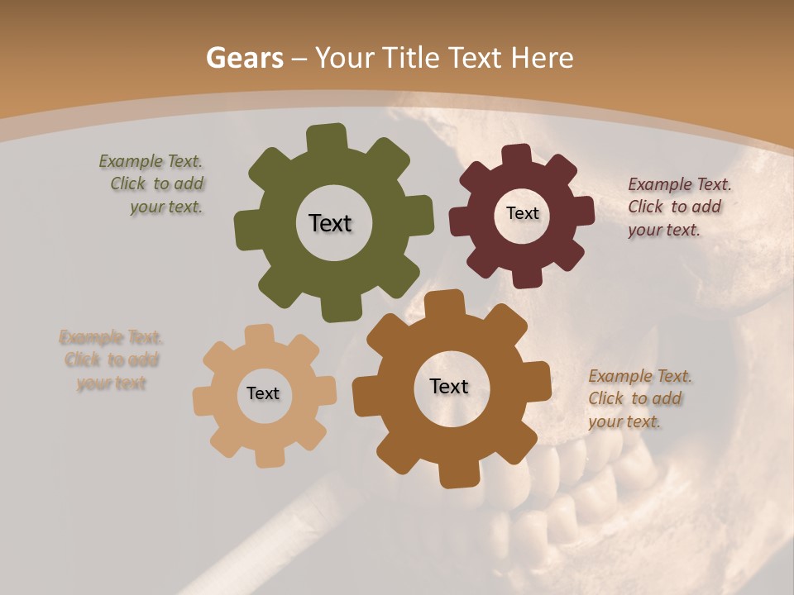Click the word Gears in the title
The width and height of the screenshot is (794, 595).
[244, 59]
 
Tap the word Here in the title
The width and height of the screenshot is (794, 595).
[542, 59]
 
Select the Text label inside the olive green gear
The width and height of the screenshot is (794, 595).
[330, 223]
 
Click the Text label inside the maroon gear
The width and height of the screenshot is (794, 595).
[522, 213]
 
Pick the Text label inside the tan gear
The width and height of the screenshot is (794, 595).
[263, 393]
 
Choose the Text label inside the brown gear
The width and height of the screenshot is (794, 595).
[449, 386]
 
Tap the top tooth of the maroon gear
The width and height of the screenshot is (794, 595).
[517, 155]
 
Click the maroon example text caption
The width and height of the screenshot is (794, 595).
[677, 207]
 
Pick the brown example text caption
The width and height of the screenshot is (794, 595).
[638, 398]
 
